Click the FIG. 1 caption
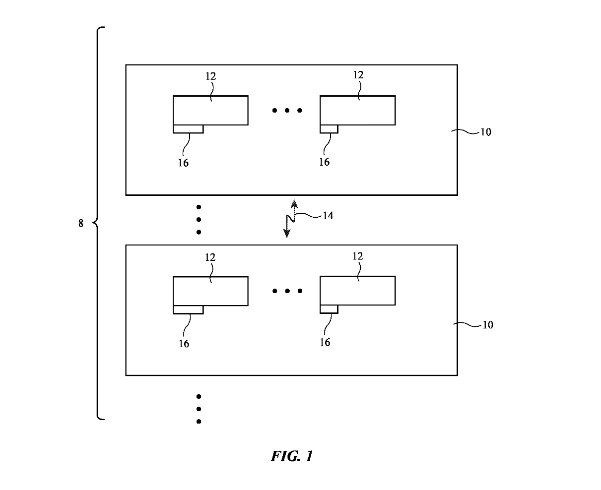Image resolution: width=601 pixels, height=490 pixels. (x=291, y=456)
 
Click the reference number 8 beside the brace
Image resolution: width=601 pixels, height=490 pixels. (x=81, y=224)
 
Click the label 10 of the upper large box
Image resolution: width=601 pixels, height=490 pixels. (x=485, y=132)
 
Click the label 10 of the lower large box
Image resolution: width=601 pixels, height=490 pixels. (x=487, y=325)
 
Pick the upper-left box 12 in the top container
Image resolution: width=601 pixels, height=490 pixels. (x=210, y=110)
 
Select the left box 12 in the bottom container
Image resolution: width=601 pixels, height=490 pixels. (x=210, y=291)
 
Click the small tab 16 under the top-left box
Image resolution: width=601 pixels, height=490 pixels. (x=188, y=129)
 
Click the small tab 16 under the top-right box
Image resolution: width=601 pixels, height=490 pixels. (x=329, y=129)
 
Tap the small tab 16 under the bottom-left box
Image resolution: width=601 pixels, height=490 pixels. (x=188, y=310)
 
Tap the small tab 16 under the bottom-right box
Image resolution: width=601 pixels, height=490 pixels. (x=329, y=309)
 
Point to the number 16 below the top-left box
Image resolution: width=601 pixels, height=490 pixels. (x=183, y=163)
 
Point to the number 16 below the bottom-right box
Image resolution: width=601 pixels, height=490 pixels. (x=325, y=342)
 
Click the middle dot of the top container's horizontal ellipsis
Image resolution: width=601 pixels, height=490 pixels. (x=287, y=110)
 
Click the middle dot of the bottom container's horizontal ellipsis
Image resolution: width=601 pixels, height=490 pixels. (x=287, y=291)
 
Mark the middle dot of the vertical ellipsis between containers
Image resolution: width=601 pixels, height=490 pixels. (x=199, y=219)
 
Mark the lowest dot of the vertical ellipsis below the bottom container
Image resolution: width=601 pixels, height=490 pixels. (x=199, y=422)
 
